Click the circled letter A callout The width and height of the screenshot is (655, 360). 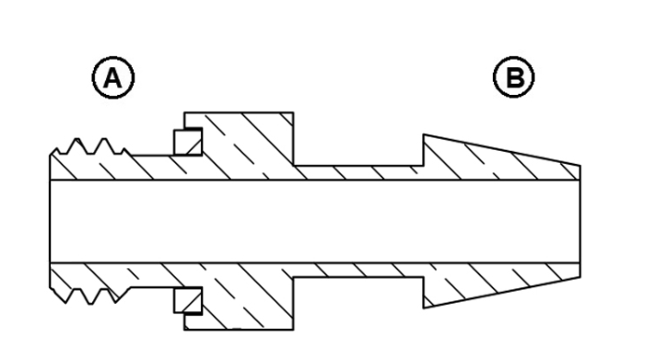coord(113,77)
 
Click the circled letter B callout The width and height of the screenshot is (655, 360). coord(514,77)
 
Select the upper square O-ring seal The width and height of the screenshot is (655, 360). coord(188,142)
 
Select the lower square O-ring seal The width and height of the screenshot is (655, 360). coord(188,300)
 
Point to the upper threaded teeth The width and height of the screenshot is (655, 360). coord(89,146)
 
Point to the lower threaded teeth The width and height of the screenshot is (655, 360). coord(89,296)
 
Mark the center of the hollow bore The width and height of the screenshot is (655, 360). coord(315,221)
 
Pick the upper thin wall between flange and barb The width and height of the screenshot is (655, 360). coord(358,173)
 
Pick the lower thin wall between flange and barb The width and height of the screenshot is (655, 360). coord(358,270)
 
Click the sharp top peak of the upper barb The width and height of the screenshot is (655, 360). coord(424,134)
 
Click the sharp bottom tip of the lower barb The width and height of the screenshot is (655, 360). coord(424,308)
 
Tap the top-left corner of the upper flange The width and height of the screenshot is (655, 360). coord(184,112)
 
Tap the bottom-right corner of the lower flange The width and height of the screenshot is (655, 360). coord(294,330)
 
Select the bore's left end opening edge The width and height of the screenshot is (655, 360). coord(50,221)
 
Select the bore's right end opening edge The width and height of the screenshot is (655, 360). coord(579,221)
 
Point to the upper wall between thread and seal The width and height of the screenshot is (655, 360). coord(153,168)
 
